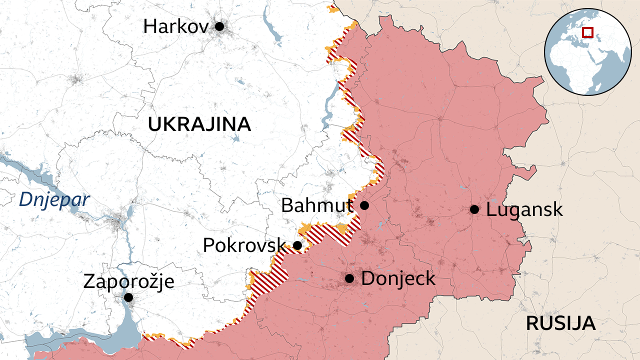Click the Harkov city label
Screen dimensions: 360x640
(x=175, y=26)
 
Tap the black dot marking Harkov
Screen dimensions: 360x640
(x=219, y=26)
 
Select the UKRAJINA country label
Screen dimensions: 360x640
(x=199, y=124)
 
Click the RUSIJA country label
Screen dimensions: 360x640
(x=560, y=323)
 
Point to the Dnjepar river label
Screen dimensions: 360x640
(x=54, y=200)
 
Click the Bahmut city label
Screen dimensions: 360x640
(x=316, y=205)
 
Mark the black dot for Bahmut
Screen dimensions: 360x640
(x=364, y=205)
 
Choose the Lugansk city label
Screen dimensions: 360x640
(x=524, y=209)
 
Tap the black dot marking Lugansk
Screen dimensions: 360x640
(x=474, y=209)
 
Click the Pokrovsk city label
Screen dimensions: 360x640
(x=244, y=245)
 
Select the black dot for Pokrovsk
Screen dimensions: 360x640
(x=297, y=245)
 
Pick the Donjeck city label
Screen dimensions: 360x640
(x=398, y=278)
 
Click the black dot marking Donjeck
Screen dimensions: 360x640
(x=349, y=278)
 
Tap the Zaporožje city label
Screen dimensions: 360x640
(x=128, y=281)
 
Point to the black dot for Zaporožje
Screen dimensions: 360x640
(x=128, y=297)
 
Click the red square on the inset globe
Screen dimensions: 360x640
(x=588, y=32)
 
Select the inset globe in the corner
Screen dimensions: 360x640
(x=587, y=52)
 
